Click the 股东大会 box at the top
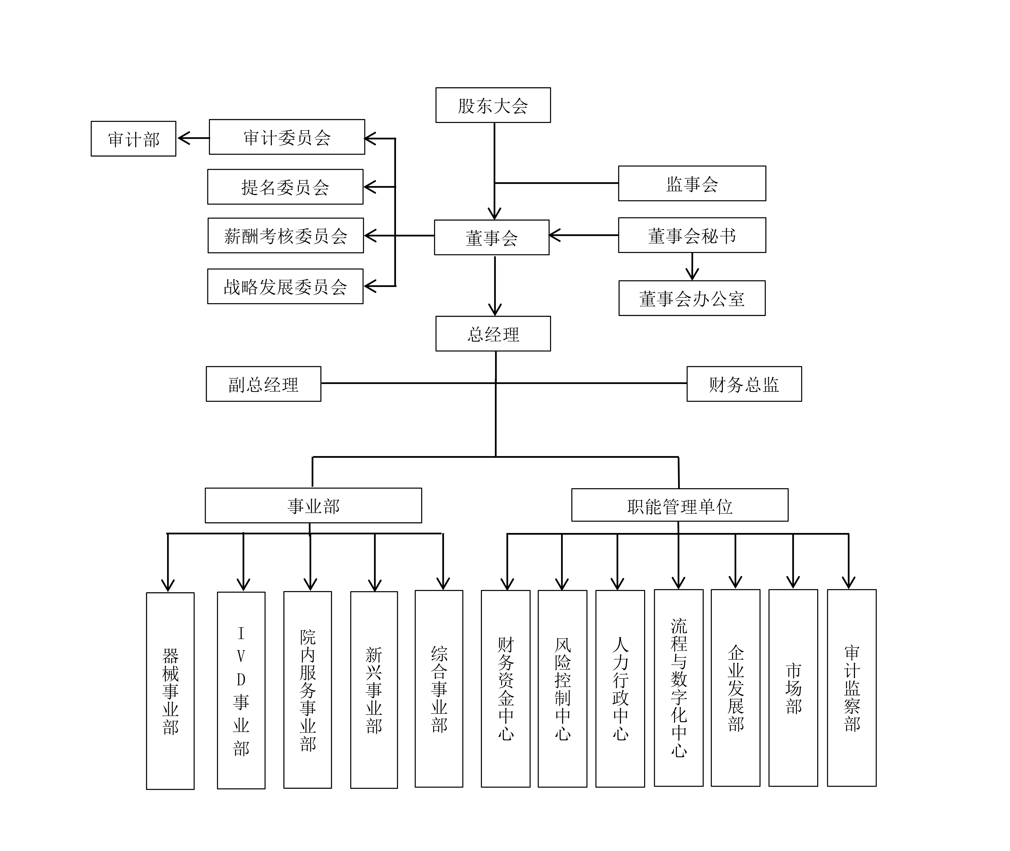493,105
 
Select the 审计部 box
133,139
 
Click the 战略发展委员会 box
285,287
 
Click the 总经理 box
493,334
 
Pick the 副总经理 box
263,384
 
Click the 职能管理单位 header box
679,505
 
